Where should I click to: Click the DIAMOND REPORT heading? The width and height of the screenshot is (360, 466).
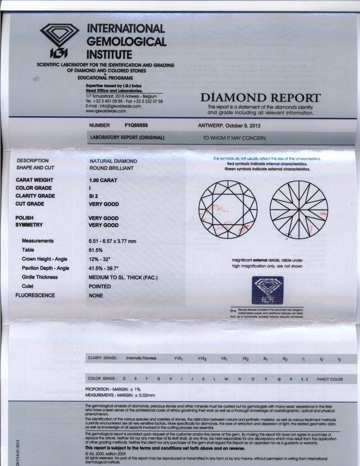[x=260, y=98]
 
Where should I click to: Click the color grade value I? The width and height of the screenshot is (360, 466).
[x=90, y=188]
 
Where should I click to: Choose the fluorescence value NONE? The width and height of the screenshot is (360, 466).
[x=96, y=296]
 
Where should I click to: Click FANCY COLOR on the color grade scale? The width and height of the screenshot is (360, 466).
[x=329, y=379]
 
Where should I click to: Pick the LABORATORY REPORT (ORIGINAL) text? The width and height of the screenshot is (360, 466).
[x=128, y=138]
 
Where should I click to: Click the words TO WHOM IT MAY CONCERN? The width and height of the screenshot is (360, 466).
[x=235, y=138]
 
